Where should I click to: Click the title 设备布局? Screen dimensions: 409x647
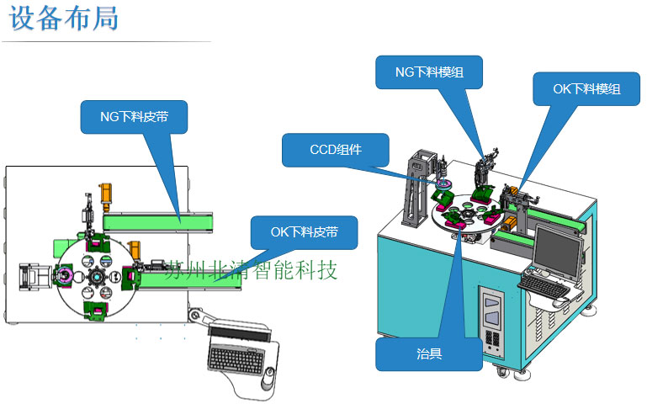point(64,19)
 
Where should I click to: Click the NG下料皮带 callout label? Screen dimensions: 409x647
point(134,117)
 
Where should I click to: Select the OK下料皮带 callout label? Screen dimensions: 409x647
point(304,232)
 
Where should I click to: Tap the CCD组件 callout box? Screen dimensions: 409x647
point(336,150)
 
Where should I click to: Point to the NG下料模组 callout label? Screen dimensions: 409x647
point(429,72)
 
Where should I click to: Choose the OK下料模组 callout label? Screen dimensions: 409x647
point(586,88)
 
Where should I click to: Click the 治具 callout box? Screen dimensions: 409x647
point(428,353)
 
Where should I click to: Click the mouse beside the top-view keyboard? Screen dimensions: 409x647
point(268,375)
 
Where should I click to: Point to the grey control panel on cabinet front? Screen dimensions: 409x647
point(491,319)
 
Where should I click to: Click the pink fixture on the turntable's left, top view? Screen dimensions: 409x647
point(64,275)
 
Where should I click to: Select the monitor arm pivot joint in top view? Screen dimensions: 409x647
point(198,316)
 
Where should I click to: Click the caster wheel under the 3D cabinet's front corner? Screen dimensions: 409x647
point(502,371)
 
